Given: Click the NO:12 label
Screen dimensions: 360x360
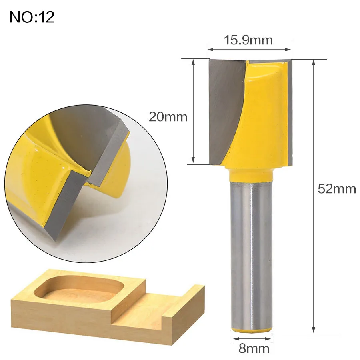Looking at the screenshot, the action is (32, 17).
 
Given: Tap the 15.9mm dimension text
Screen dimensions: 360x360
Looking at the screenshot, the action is (248, 40).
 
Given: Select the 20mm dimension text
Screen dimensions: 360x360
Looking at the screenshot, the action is (168, 117).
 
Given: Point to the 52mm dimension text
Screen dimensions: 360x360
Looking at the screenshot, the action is (337, 189).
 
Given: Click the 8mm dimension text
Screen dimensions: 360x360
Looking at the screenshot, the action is (254, 348).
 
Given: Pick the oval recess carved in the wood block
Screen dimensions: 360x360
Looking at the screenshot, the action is (79, 289).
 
